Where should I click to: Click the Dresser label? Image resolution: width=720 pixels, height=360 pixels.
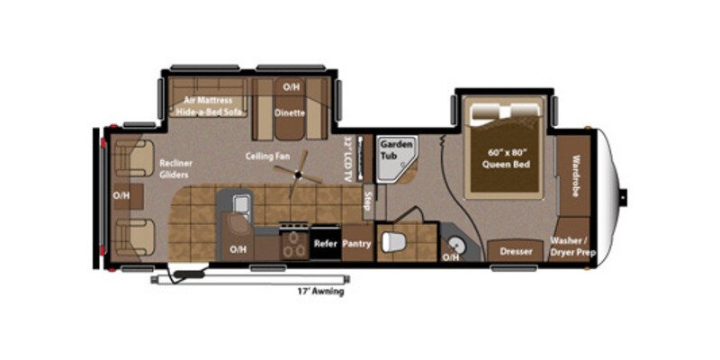coord(516,252)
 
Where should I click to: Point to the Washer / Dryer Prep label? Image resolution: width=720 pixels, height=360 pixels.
coord(572,247)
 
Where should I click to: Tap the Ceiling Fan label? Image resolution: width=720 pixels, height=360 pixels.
coord(268,156)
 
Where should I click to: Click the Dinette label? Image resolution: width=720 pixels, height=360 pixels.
coord(290,113)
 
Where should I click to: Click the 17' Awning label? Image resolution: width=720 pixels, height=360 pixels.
coord(320,292)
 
